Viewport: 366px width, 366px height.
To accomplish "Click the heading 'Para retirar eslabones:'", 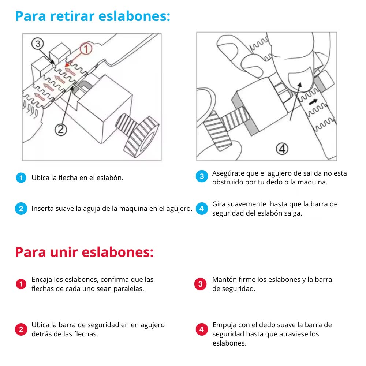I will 93,16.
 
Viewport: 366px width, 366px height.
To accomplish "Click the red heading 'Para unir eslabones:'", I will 84,252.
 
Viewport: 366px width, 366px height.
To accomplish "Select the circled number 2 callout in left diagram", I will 61,129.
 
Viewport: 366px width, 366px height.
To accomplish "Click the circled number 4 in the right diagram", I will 282,149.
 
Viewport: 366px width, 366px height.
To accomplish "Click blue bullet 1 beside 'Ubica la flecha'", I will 21,178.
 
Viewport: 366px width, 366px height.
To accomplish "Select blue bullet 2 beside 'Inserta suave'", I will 21,209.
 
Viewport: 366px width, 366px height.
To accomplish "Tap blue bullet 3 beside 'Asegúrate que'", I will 201,176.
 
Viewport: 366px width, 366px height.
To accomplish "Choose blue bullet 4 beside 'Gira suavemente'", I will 201,209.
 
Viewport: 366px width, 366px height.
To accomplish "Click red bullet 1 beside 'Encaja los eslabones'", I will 21,284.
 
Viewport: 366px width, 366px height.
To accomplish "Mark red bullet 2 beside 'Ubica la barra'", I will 21,329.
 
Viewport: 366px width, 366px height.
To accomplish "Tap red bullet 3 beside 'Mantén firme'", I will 201,284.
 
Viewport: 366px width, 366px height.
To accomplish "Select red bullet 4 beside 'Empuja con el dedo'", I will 201,329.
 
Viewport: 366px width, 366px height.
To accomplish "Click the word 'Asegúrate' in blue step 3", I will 227,173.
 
